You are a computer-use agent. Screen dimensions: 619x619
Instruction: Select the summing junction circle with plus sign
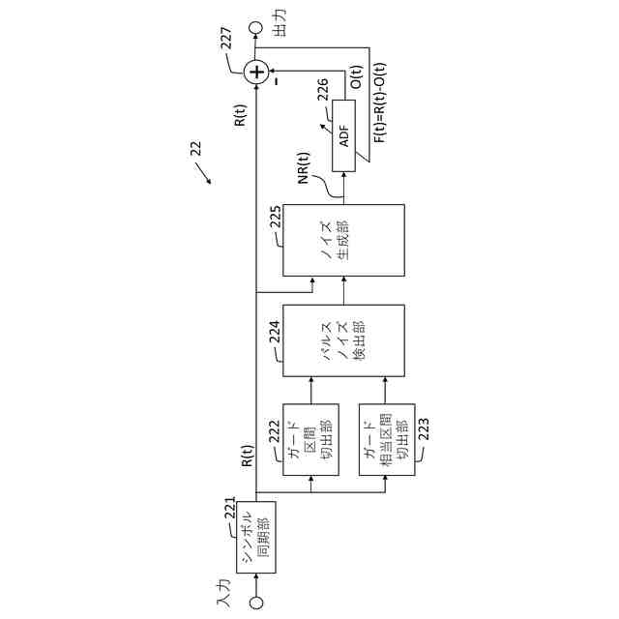tap(255, 71)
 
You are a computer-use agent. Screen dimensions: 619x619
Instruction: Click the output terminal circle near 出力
tap(256, 28)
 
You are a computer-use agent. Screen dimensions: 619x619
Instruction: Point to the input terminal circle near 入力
tap(256, 602)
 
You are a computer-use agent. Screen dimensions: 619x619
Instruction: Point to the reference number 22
tap(195, 147)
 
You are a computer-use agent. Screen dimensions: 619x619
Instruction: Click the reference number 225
tap(276, 218)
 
